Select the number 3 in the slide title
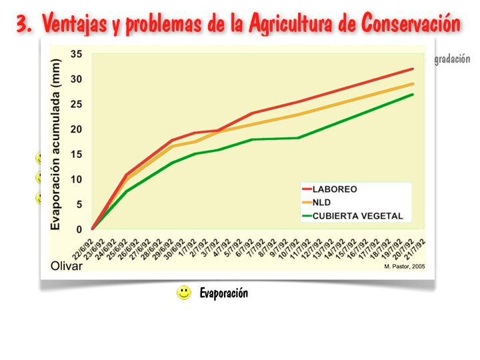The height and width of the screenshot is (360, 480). pos(24,25)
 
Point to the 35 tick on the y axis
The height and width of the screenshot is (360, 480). pos(77,54)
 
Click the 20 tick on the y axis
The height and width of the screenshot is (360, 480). pos(77,129)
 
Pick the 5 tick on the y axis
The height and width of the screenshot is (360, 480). pos(79,204)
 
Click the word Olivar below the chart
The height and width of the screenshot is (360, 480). pos(67,266)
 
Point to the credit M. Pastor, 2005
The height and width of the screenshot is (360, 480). pos(404,267)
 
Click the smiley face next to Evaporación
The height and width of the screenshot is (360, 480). pos(184,293)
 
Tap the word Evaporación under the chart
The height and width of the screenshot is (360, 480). pos(223,293)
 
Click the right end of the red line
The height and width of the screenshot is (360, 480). pos(413,69)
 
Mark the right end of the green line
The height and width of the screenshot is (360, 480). pos(413,94)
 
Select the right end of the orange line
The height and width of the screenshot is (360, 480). pos(413,84)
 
